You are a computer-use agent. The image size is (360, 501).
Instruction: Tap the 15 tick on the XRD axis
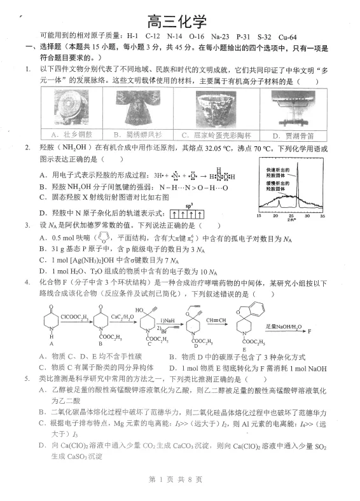258,216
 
